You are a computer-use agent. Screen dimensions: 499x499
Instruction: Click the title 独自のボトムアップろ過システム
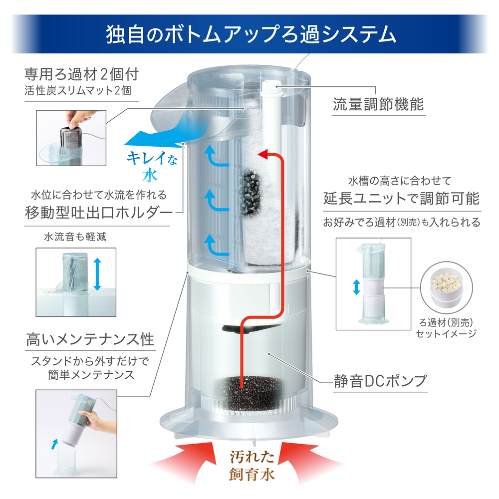coord(251,34)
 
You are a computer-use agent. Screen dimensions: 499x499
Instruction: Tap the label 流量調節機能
coord(378,104)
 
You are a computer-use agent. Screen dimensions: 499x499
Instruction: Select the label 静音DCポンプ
coord(380,381)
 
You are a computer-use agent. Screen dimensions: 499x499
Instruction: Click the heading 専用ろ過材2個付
coord(81,74)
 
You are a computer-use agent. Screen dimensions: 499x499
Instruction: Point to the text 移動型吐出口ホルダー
coord(99,213)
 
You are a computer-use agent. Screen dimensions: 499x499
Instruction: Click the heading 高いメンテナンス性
coord(90,339)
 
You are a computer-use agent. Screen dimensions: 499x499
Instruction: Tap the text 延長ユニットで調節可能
coord(402,198)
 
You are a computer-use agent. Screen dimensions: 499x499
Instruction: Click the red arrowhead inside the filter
coord(263,155)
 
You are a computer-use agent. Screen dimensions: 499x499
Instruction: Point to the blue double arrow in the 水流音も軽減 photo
coord(97,274)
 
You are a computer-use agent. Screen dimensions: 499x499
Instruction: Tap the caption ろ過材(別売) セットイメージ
coord(446,328)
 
